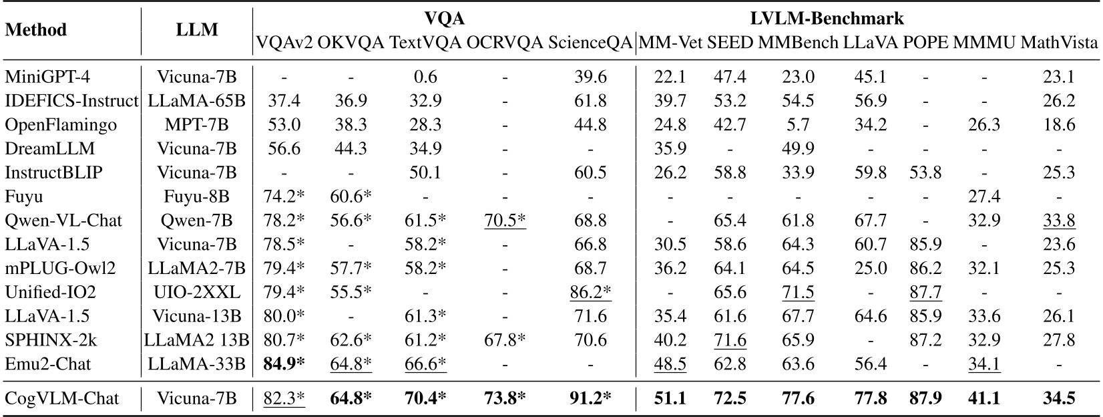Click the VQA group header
(445, 18)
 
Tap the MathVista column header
(1060, 43)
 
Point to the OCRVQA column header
(505, 43)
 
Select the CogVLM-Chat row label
(62, 398)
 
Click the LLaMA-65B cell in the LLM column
(197, 101)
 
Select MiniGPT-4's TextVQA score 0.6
(425, 77)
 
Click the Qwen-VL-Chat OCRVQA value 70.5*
(505, 221)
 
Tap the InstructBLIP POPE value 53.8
(925, 172)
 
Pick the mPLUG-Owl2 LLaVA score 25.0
(871, 268)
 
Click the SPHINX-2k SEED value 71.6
(730, 340)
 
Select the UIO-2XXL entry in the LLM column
(197, 292)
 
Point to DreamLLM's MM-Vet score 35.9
(670, 148)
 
